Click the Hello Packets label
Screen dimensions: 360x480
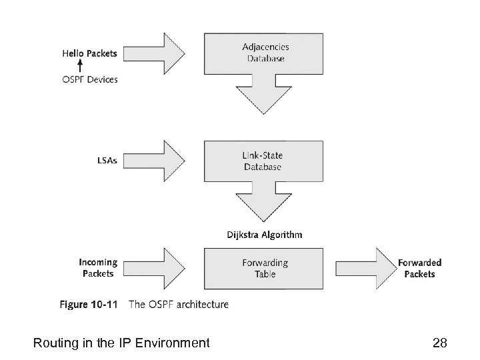(90, 53)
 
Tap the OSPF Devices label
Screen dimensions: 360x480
(90, 79)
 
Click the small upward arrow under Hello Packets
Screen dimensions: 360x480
(80, 65)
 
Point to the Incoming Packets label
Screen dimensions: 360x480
(98, 268)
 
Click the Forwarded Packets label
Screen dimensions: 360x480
(419, 268)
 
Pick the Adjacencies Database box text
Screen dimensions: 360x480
(263, 53)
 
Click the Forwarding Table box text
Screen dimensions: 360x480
(264, 268)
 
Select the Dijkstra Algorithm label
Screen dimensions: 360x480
(265, 235)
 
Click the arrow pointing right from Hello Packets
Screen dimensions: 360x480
(163, 53)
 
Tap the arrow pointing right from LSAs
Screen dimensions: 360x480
(163, 160)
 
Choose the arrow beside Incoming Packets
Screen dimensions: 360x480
(163, 268)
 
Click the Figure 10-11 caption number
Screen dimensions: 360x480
(89, 305)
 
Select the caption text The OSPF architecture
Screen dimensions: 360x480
(178, 305)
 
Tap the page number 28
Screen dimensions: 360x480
(440, 343)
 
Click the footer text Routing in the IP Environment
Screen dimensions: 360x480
(121, 343)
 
